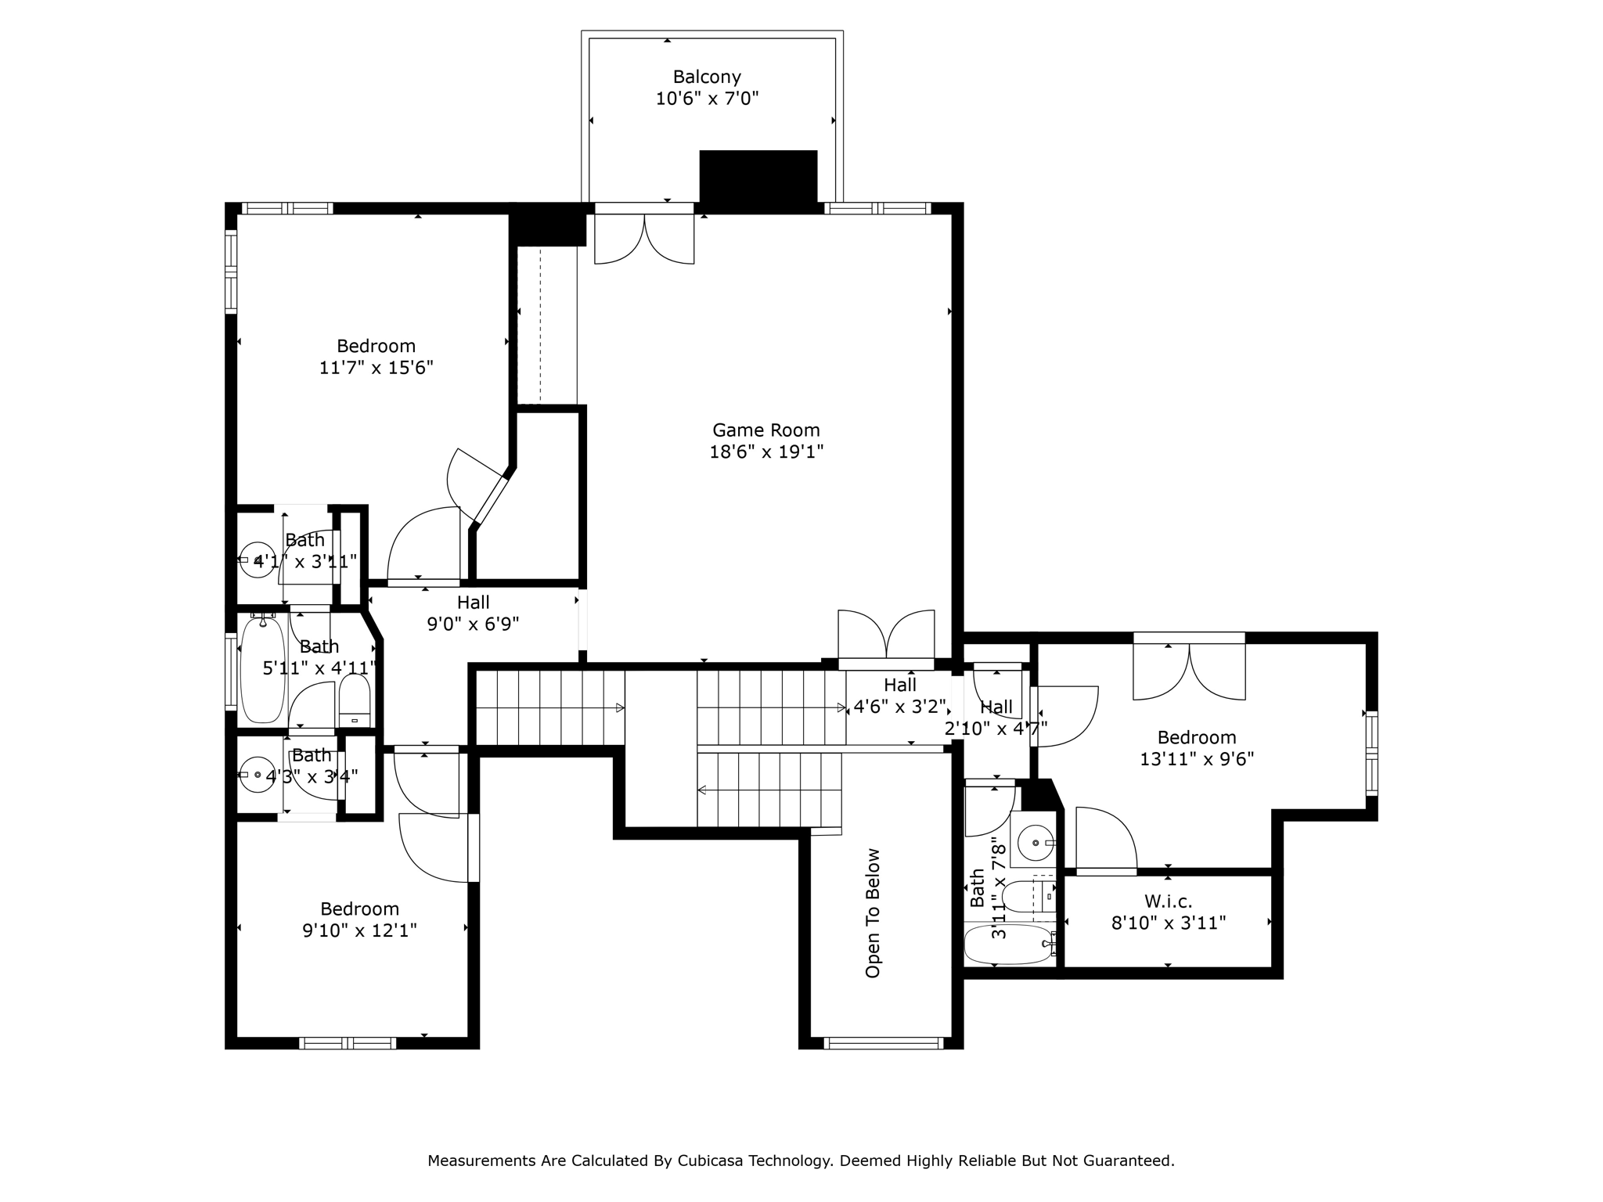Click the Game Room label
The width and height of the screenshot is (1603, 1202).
(x=765, y=430)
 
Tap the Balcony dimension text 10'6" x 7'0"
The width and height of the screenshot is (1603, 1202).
(x=708, y=99)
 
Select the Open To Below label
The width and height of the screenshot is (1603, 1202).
(x=873, y=913)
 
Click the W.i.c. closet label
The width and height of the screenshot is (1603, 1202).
(x=1169, y=901)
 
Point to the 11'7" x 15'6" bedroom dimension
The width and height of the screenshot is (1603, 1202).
(x=376, y=368)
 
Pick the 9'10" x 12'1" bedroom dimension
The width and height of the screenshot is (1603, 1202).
(x=359, y=930)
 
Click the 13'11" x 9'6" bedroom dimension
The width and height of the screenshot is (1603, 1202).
(x=1197, y=759)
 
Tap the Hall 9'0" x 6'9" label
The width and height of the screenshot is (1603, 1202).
(x=473, y=613)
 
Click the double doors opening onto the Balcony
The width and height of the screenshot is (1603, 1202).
(x=644, y=234)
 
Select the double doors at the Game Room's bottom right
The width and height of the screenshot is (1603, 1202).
(x=886, y=639)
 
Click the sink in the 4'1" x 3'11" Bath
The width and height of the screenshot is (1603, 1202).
(x=257, y=560)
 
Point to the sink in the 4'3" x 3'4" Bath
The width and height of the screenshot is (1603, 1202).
(x=257, y=775)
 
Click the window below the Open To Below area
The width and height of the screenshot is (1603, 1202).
(x=884, y=1042)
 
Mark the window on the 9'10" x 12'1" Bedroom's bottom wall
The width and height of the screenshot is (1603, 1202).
(x=348, y=1042)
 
